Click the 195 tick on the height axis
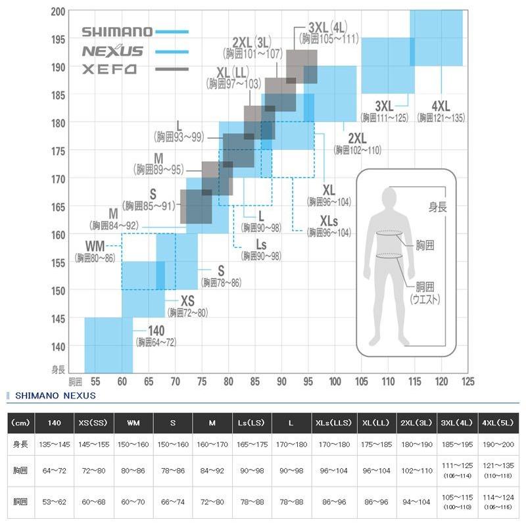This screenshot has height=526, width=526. click(x=58, y=39)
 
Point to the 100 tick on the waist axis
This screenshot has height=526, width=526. click(x=335, y=381)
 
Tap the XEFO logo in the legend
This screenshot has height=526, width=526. click(x=109, y=70)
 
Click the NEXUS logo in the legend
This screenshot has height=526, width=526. click(x=112, y=51)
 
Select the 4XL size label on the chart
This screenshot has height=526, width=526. click(x=441, y=107)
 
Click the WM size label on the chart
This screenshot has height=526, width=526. click(x=95, y=246)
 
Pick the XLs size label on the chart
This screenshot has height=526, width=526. click(x=329, y=221)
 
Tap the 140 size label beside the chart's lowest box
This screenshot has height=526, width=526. click(x=156, y=331)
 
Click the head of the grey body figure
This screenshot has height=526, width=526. click(x=389, y=198)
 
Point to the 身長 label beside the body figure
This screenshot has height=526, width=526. click(x=437, y=207)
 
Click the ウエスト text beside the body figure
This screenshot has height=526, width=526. click(x=425, y=299)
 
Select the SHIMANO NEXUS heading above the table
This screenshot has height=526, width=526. click(x=55, y=396)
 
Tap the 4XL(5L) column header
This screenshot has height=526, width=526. click(x=498, y=423)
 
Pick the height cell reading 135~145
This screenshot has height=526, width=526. click(x=55, y=444)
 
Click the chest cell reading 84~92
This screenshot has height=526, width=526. click(x=212, y=471)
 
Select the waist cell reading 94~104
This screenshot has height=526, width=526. click(x=416, y=502)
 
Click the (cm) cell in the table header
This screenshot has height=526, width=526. click(x=20, y=423)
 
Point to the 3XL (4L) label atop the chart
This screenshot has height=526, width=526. click(x=327, y=28)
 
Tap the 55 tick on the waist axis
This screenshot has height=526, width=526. click(x=95, y=381)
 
